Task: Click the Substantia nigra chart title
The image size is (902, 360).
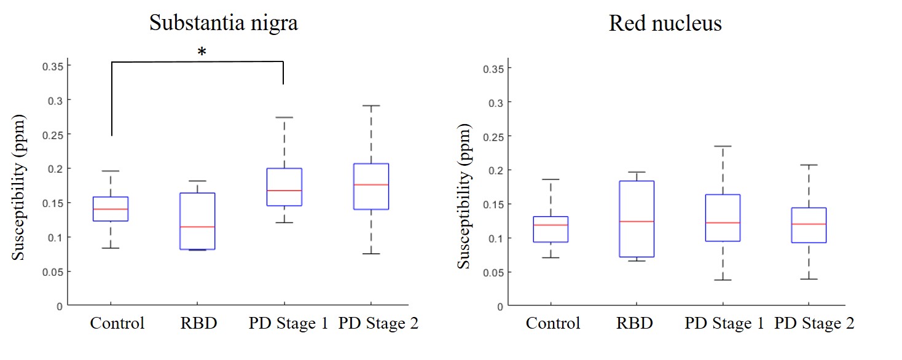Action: click(x=223, y=23)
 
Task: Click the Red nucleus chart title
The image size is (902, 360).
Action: click(x=665, y=24)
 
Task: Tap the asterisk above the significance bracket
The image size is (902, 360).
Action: click(x=202, y=52)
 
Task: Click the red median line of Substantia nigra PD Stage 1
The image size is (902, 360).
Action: click(x=284, y=190)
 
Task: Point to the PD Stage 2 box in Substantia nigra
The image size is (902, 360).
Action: click(x=371, y=186)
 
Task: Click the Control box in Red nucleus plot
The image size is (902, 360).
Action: click(x=550, y=229)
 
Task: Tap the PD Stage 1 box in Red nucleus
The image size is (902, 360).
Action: click(x=723, y=217)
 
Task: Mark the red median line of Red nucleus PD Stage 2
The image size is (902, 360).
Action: click(x=809, y=224)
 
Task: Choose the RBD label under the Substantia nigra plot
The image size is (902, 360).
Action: click(x=197, y=323)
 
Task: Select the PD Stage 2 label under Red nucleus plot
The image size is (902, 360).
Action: click(x=814, y=323)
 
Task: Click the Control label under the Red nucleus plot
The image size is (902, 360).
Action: click(x=553, y=323)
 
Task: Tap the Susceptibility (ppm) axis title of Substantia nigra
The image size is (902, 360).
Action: click(x=20, y=186)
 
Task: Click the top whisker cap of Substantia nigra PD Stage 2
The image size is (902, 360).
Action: click(x=371, y=106)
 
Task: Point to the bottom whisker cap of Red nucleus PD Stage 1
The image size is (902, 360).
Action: click(x=723, y=280)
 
